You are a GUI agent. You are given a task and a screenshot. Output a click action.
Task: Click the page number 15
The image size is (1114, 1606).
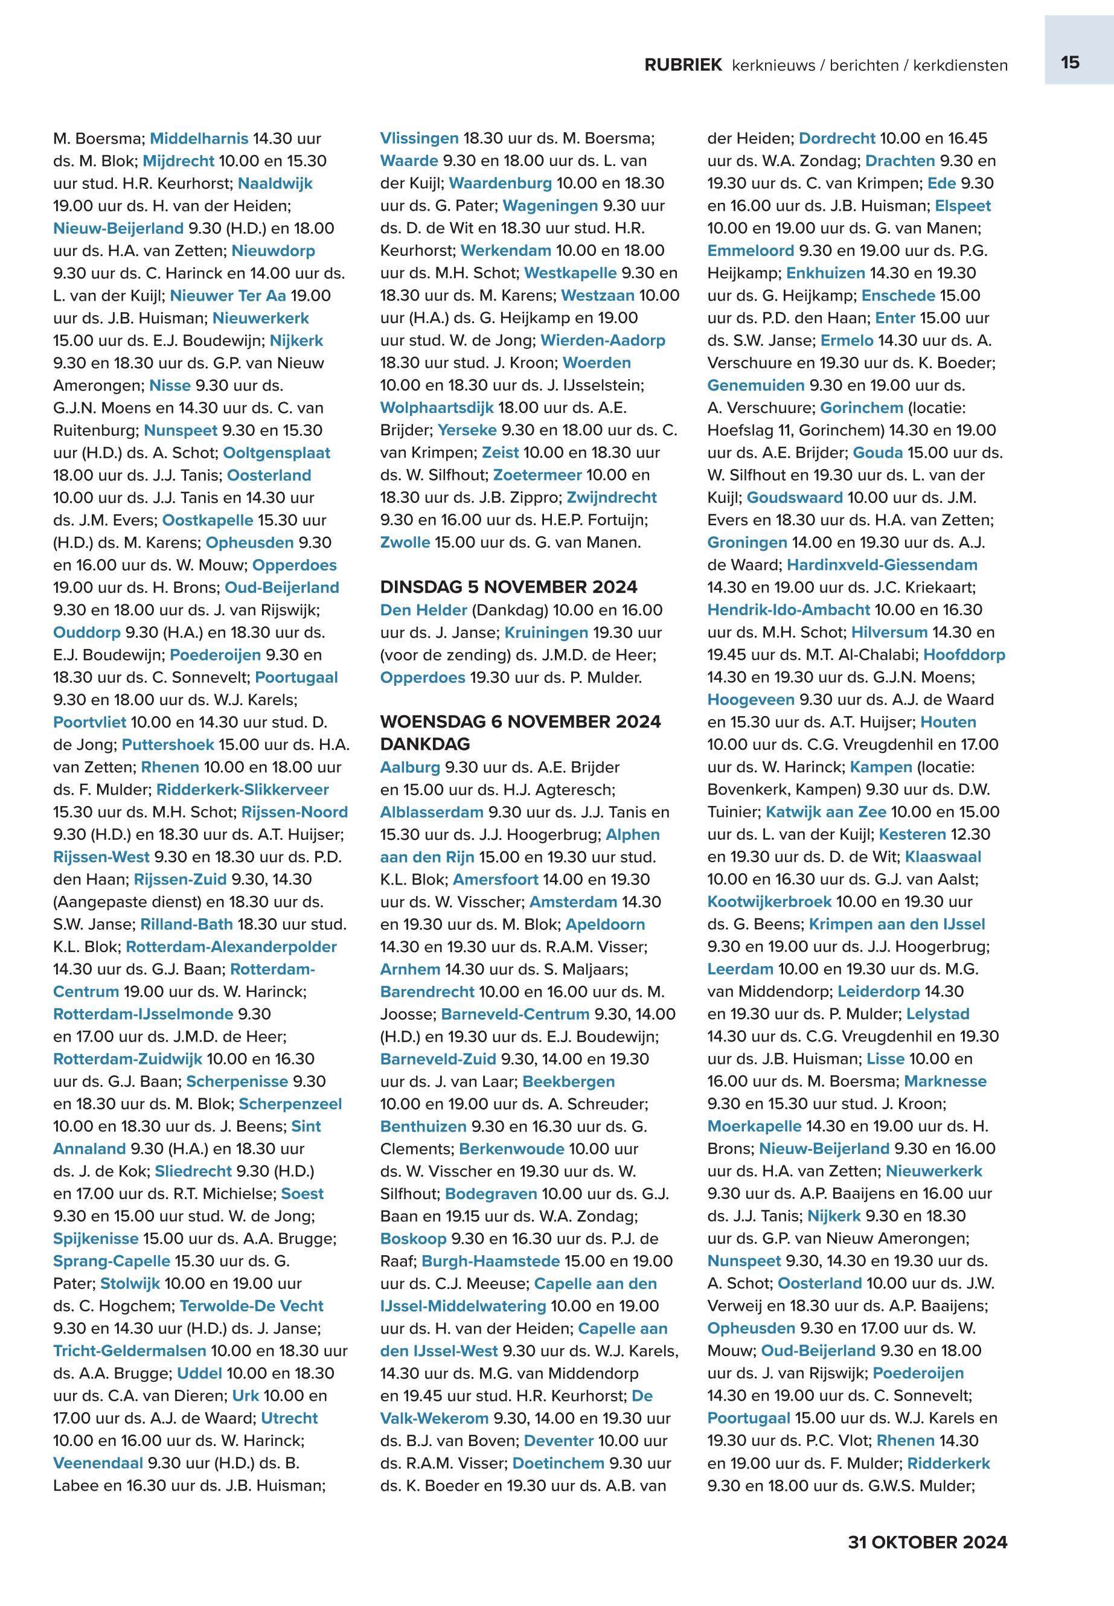pos(1069,62)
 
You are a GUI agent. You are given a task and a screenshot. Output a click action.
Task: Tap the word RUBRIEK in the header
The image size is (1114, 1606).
pos(683,65)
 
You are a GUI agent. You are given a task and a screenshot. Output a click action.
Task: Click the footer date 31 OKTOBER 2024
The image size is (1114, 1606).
pos(927,1542)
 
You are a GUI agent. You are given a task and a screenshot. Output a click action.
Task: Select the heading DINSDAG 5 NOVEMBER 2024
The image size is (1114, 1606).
pos(508,587)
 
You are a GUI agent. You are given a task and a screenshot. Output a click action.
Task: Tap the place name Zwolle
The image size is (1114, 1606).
pos(405,542)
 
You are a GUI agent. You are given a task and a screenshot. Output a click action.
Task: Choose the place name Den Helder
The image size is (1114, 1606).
pos(423,610)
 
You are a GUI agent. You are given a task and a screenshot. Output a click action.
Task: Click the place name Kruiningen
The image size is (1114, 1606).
pos(546,632)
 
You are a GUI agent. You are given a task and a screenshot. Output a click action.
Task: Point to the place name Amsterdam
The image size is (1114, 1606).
pos(573,902)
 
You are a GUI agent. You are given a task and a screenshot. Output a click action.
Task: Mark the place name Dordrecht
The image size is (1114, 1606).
pos(836,138)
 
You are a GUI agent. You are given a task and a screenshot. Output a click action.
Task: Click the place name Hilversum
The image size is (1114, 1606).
pos(889,632)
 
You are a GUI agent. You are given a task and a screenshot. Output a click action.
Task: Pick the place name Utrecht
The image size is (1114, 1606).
pos(289,1418)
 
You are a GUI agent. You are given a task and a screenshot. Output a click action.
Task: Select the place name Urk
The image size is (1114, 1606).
pos(245,1395)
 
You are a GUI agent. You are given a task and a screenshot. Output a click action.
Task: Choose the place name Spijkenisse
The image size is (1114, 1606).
pos(95,1238)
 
